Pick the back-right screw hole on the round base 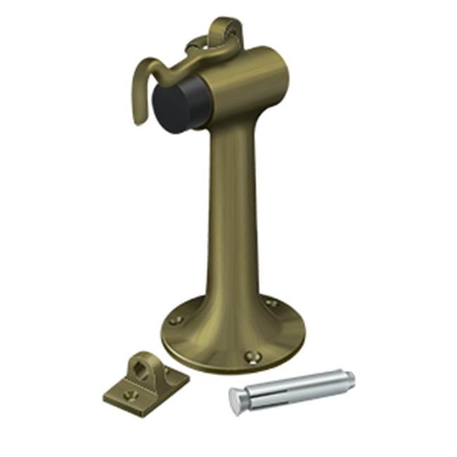point(271,303)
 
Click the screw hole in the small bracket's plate point(128,395)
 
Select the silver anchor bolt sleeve point(295,389)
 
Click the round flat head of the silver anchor point(236,401)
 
